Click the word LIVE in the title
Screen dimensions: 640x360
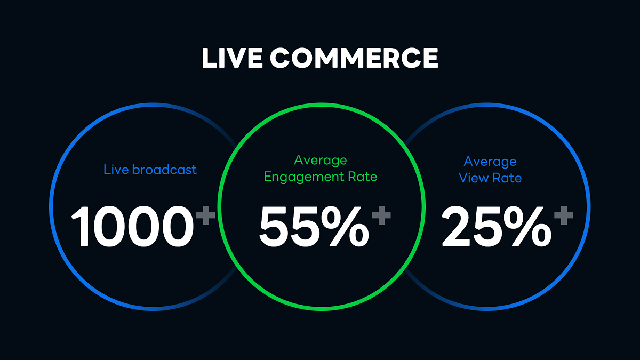[x=232, y=58]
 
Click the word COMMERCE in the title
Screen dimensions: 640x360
[x=354, y=58]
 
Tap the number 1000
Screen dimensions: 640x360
[x=132, y=226]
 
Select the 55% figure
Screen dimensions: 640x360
[x=314, y=226]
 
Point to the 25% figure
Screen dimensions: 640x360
[x=497, y=226]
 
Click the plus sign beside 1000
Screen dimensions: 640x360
[x=206, y=215]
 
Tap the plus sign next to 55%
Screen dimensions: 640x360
[x=381, y=215]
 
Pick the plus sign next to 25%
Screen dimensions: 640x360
[x=563, y=215]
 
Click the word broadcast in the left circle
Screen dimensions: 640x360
[x=164, y=170]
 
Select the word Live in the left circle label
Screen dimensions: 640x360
[x=116, y=170]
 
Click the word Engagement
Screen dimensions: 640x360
[x=303, y=177]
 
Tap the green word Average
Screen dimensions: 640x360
[x=321, y=160]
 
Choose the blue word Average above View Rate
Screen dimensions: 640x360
[x=490, y=162]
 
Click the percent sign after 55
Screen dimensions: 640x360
[x=345, y=226]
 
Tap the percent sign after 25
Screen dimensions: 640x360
[x=527, y=226]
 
